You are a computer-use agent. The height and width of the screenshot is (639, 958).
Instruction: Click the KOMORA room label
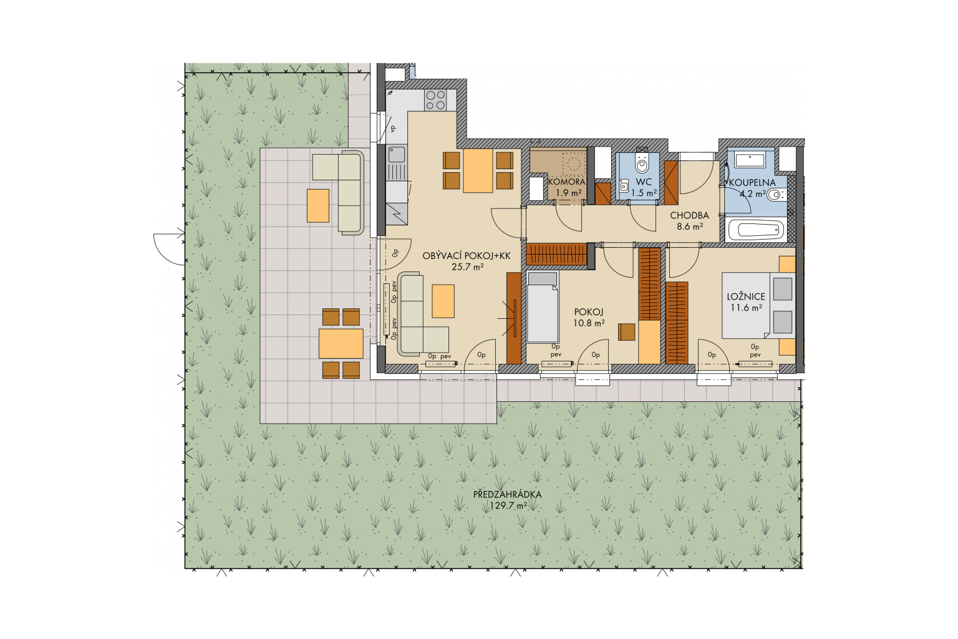coord(567,182)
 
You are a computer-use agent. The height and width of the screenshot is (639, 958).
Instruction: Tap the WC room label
coord(644,182)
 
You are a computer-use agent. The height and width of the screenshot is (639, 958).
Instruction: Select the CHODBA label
coord(689,215)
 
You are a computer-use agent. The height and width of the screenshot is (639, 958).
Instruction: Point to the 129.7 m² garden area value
coord(508,505)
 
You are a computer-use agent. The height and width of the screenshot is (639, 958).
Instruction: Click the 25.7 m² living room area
coord(467,266)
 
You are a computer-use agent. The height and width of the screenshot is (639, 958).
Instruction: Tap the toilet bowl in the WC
coord(642,162)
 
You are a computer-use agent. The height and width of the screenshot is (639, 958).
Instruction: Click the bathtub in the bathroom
coord(756,229)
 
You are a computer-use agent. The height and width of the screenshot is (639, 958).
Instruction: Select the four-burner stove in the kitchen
coord(435,100)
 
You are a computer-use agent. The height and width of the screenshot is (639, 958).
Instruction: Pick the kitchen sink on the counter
coord(397,154)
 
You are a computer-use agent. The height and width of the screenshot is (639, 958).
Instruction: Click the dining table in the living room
coord(478,171)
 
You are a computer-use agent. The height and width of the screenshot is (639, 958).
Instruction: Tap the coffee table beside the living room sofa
coord(443,301)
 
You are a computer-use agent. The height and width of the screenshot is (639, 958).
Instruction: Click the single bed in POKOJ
coord(542,306)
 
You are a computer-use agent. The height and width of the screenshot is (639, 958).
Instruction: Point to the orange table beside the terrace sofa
coord(317,205)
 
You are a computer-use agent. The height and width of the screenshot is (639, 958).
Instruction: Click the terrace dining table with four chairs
coord(341,343)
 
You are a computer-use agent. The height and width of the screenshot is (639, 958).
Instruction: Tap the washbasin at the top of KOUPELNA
coord(750,160)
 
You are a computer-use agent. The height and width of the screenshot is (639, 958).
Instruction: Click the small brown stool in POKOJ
coord(627,332)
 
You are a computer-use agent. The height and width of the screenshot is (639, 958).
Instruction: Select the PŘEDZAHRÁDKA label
coord(507,494)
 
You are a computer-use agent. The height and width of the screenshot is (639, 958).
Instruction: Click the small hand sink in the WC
coord(624,186)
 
